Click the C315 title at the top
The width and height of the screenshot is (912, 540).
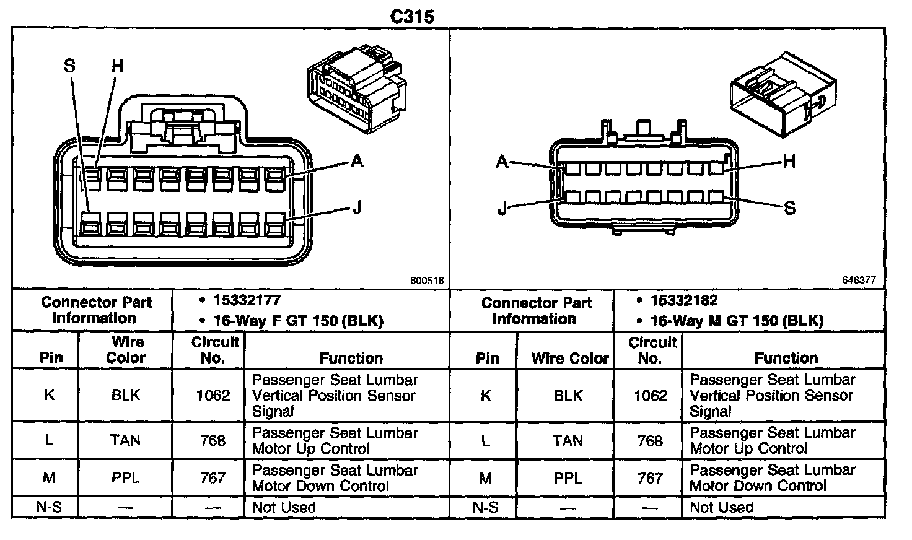(x=412, y=16)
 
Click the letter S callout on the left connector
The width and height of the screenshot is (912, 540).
(x=69, y=66)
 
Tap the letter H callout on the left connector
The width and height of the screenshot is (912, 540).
(x=118, y=66)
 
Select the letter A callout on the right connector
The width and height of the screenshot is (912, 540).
(x=502, y=162)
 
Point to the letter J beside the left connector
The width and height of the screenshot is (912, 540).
(x=357, y=208)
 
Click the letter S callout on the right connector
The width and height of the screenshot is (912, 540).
(x=789, y=208)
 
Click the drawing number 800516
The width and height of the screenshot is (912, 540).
(x=427, y=281)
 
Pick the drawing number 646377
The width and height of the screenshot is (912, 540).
(x=859, y=280)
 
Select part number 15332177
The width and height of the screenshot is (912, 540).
(x=247, y=301)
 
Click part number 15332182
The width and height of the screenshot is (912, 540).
(x=684, y=301)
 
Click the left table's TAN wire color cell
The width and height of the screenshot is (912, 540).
(x=125, y=440)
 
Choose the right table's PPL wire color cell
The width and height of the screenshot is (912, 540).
(x=568, y=478)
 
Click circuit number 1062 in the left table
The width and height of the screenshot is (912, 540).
(x=213, y=395)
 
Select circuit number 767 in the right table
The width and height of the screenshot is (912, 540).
(x=650, y=478)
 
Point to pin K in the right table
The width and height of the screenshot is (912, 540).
(x=486, y=395)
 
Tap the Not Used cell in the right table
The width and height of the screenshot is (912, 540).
(x=721, y=507)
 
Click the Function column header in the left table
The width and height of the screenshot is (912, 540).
(x=351, y=358)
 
